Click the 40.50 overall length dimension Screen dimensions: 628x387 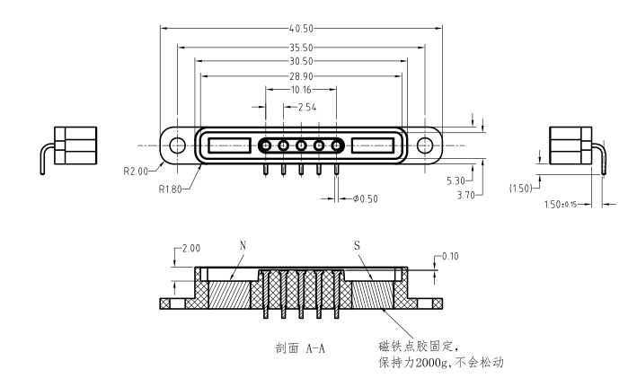(x=301, y=29)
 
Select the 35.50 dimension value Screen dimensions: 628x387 (x=301, y=48)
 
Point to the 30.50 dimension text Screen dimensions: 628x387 (x=301, y=61)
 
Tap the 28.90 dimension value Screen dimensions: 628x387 (x=301, y=76)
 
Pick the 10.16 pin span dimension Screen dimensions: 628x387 (x=301, y=90)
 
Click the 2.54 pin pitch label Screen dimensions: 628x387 (x=307, y=107)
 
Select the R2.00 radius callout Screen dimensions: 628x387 (x=136, y=172)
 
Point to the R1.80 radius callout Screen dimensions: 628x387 (x=170, y=189)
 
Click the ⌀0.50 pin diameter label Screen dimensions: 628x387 (x=366, y=199)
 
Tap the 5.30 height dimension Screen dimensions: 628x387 (x=456, y=180)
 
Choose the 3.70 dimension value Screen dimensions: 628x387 (x=465, y=196)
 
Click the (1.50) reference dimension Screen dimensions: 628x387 (x=521, y=188)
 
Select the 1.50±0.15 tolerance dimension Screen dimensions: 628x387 (x=561, y=205)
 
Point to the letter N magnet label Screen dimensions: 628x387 (x=243, y=245)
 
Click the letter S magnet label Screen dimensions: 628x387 (x=357, y=245)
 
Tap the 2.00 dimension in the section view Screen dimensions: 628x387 (x=191, y=249)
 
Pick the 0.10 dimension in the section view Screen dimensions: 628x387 (x=450, y=256)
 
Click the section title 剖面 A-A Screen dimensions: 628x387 (x=300, y=348)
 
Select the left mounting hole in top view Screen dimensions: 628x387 (x=177, y=145)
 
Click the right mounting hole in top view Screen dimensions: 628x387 (x=425, y=145)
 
